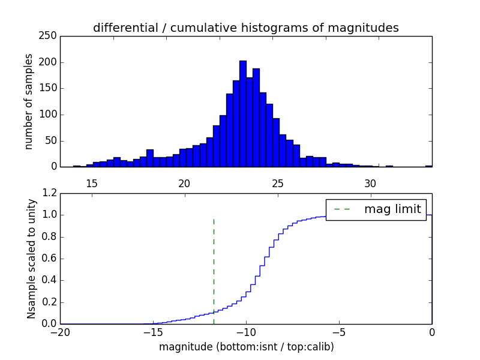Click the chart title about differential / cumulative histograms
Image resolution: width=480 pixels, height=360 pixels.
245,28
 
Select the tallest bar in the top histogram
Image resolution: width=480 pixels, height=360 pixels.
243,113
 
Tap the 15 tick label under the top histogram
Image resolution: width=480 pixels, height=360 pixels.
92,183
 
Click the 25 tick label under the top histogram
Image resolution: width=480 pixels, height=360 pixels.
278,183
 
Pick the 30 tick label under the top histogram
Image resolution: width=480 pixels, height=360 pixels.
370,183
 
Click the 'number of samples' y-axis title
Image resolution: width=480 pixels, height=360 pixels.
29,101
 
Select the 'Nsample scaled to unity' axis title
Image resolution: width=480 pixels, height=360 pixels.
31,259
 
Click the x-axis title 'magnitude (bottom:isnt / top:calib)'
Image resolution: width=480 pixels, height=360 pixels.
246,347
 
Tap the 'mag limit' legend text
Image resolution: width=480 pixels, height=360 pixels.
392,209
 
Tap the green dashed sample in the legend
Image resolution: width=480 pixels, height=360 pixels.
341,209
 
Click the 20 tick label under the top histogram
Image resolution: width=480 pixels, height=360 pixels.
184,183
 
